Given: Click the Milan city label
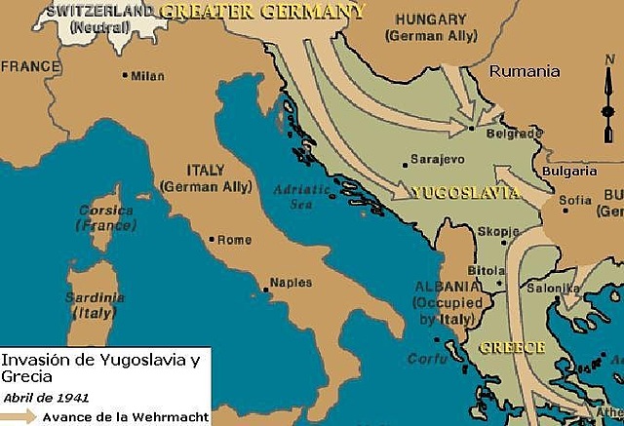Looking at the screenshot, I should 149,75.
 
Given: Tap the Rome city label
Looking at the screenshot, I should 233,240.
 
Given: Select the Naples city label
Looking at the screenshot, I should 290,283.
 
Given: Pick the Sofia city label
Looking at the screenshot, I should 574,202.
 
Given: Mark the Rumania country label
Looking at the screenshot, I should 525,71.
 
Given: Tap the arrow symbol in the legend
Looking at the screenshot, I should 19,416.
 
